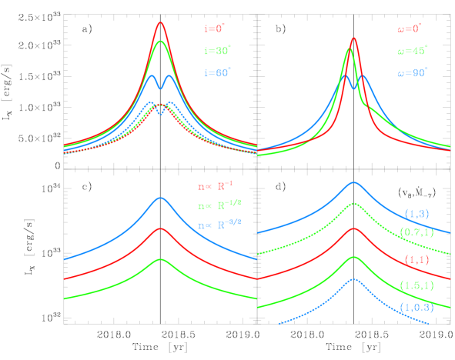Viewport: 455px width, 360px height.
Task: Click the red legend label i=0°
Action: [x=213, y=28]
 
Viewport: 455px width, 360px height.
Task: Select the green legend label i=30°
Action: [x=216, y=51]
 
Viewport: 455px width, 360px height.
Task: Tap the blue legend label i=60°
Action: [x=216, y=73]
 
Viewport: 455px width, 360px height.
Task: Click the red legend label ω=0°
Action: [x=409, y=28]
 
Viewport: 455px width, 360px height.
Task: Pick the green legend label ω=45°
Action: [x=412, y=51]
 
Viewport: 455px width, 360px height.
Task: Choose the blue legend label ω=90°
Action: [x=412, y=73]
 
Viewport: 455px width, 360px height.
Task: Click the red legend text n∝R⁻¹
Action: [x=215, y=185]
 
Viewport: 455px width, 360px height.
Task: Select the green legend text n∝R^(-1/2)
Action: [x=219, y=205]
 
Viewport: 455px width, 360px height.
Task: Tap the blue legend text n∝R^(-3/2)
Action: [x=219, y=225]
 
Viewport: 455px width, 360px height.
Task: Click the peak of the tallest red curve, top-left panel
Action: [x=160, y=22]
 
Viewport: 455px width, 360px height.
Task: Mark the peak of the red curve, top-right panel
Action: [x=353, y=38]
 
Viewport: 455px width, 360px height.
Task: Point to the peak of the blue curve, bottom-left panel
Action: [x=160, y=198]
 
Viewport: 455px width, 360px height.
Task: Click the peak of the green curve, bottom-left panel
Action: [x=160, y=258]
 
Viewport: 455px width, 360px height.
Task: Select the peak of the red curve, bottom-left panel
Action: [x=160, y=228]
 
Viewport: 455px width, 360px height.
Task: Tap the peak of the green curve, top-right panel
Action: [x=349, y=49]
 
